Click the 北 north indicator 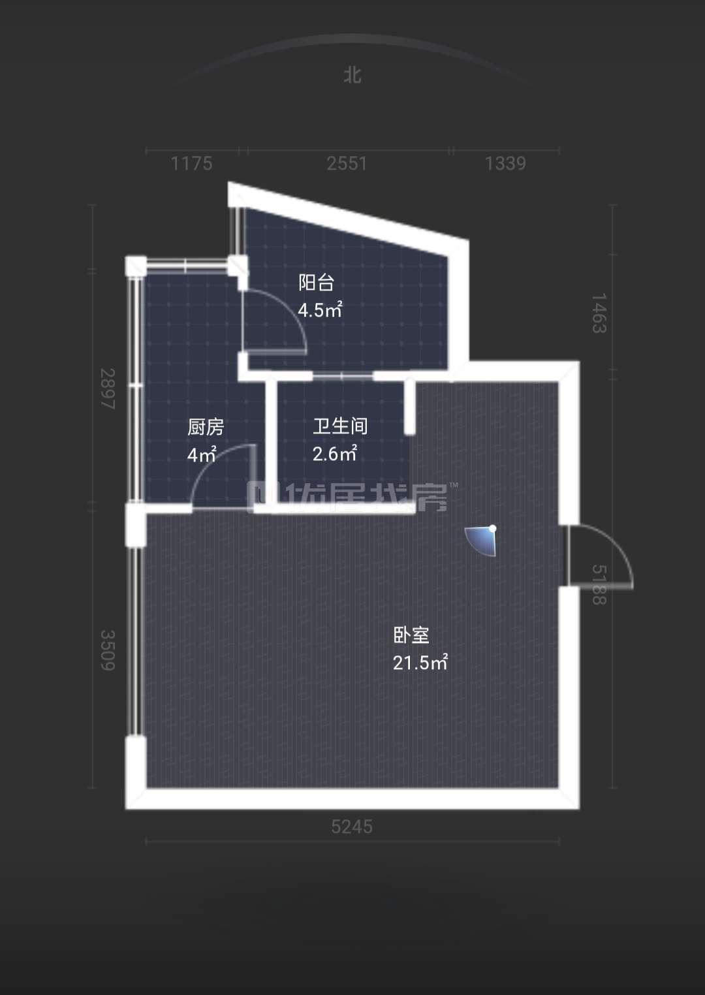352,75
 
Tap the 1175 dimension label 191,163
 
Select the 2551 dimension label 347,163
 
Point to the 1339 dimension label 505,163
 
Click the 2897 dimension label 108,388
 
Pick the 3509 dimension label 108,650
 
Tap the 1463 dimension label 599,313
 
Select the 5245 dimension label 352,827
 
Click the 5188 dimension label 599,585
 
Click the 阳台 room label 316,283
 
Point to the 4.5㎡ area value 320,309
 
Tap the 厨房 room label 206,427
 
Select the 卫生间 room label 340,426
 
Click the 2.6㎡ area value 334,453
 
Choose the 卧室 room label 411,635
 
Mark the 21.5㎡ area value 420,662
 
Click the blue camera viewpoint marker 481,540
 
